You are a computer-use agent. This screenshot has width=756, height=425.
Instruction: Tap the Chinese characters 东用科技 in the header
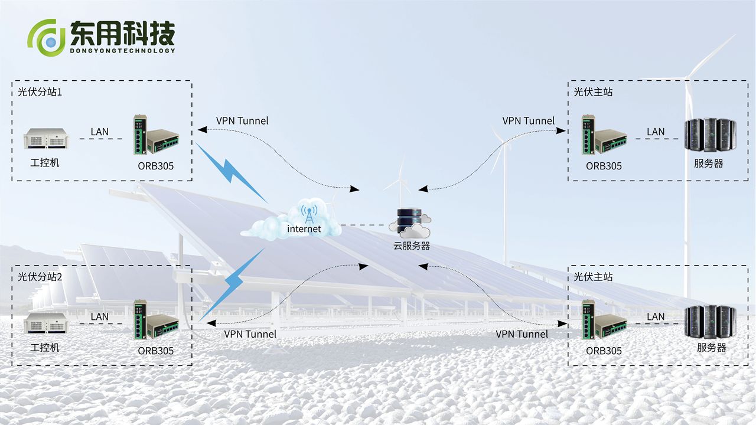coord(123,33)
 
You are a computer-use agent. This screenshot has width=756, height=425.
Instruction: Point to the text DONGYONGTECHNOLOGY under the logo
coord(123,51)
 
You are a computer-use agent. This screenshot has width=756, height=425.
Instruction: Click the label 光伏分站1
coord(40,92)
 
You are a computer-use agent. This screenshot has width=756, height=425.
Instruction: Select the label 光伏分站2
coord(40,277)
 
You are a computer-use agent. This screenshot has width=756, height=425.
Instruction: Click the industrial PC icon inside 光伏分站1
coord(46,139)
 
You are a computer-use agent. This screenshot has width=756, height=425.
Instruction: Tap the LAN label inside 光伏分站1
coord(99,132)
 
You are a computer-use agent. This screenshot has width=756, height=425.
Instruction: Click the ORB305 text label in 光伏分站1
coord(156,166)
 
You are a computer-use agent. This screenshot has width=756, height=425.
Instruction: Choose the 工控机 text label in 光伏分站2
coord(45,348)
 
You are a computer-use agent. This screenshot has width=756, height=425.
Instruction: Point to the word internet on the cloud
coord(304,228)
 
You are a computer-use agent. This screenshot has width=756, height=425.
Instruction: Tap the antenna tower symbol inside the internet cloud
coord(308,213)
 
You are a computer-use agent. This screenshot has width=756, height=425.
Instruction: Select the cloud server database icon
coord(409,222)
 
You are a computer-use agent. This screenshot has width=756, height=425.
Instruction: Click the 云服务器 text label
coord(412,246)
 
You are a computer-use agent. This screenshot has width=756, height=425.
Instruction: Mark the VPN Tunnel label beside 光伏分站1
coord(242,120)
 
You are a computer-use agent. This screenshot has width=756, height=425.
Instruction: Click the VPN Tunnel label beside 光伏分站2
coord(250,334)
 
